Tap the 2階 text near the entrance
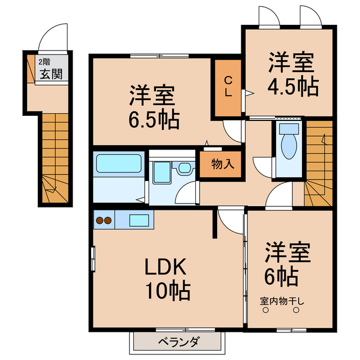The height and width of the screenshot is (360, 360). (x=43, y=62)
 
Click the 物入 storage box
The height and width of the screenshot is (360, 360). (x=222, y=164)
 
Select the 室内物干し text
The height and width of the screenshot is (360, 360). (x=282, y=301)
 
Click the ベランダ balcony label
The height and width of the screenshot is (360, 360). (x=178, y=341)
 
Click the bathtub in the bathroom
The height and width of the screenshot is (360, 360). (x=118, y=164)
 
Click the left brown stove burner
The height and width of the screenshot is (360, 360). (x=100, y=220)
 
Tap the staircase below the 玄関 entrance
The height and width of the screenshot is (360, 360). (x=55, y=157)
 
